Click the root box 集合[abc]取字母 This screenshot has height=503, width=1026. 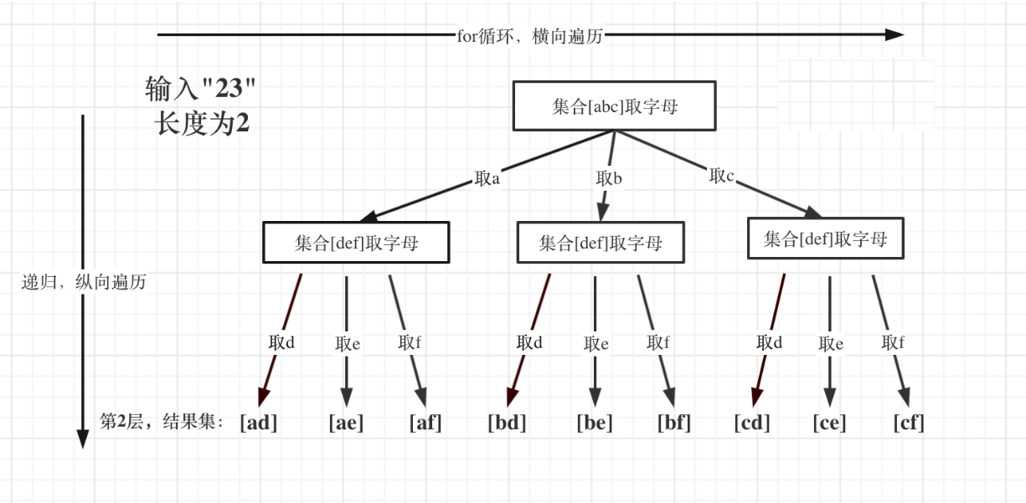[x=614, y=106]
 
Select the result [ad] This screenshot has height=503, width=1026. [x=258, y=423]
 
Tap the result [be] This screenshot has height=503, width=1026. [x=595, y=423]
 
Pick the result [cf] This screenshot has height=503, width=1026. [x=909, y=423]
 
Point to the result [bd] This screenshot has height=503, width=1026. [x=507, y=423]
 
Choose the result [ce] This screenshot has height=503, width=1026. [x=829, y=423]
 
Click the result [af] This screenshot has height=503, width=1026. [x=425, y=423]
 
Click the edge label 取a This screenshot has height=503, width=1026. [x=487, y=178]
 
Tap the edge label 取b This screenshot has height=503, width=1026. [x=609, y=178]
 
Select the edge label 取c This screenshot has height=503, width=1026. [x=721, y=176]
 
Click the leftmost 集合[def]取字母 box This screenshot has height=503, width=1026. [x=356, y=243]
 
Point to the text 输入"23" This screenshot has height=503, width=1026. [x=200, y=88]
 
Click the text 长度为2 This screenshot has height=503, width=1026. [x=202, y=123]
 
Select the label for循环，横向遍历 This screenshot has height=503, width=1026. [x=529, y=36]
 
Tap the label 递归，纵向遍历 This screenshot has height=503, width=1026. [x=84, y=282]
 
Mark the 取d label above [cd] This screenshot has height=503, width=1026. [x=769, y=342]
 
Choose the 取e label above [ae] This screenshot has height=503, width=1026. [x=348, y=343]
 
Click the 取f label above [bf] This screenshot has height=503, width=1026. [x=658, y=342]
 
